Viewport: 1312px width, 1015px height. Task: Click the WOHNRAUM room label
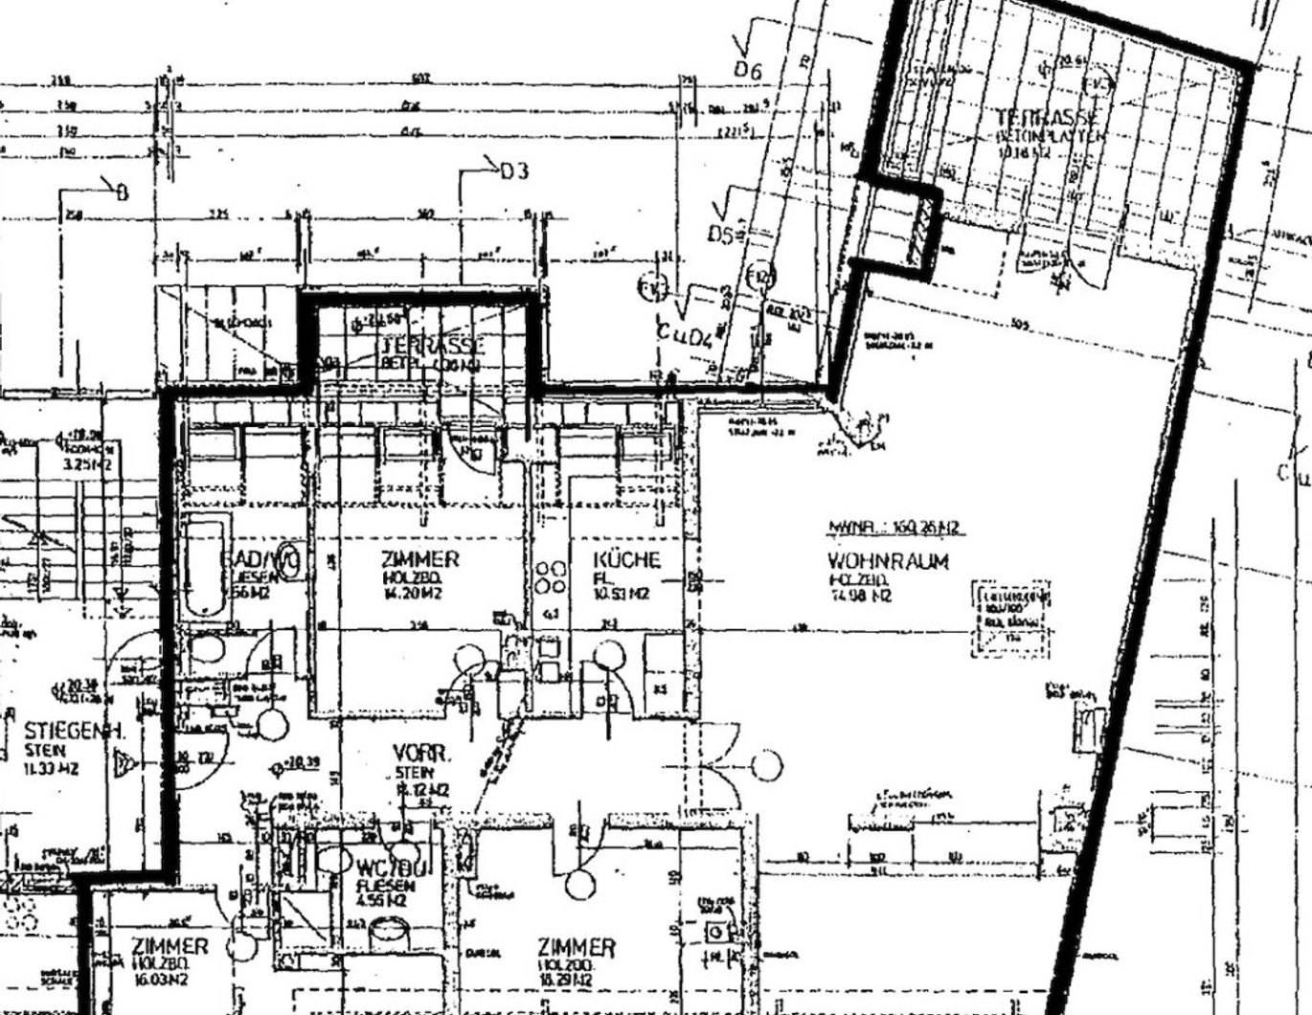pyautogui.click(x=888, y=562)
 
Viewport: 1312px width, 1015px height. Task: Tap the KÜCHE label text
pyautogui.click(x=626, y=560)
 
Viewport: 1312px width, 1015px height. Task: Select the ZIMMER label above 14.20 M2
pyautogui.click(x=419, y=560)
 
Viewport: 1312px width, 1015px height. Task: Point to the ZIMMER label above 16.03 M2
pyautogui.click(x=170, y=946)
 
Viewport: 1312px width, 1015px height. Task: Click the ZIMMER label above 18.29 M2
pyautogui.click(x=577, y=948)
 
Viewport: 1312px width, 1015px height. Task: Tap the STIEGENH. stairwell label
pyautogui.click(x=63, y=730)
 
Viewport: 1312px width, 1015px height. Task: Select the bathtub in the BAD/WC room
pyautogui.click(x=204, y=567)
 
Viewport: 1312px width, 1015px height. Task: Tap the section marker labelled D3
pyautogui.click(x=513, y=172)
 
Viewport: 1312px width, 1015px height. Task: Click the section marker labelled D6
pyautogui.click(x=747, y=70)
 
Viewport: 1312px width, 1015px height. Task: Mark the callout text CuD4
pyautogui.click(x=685, y=334)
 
